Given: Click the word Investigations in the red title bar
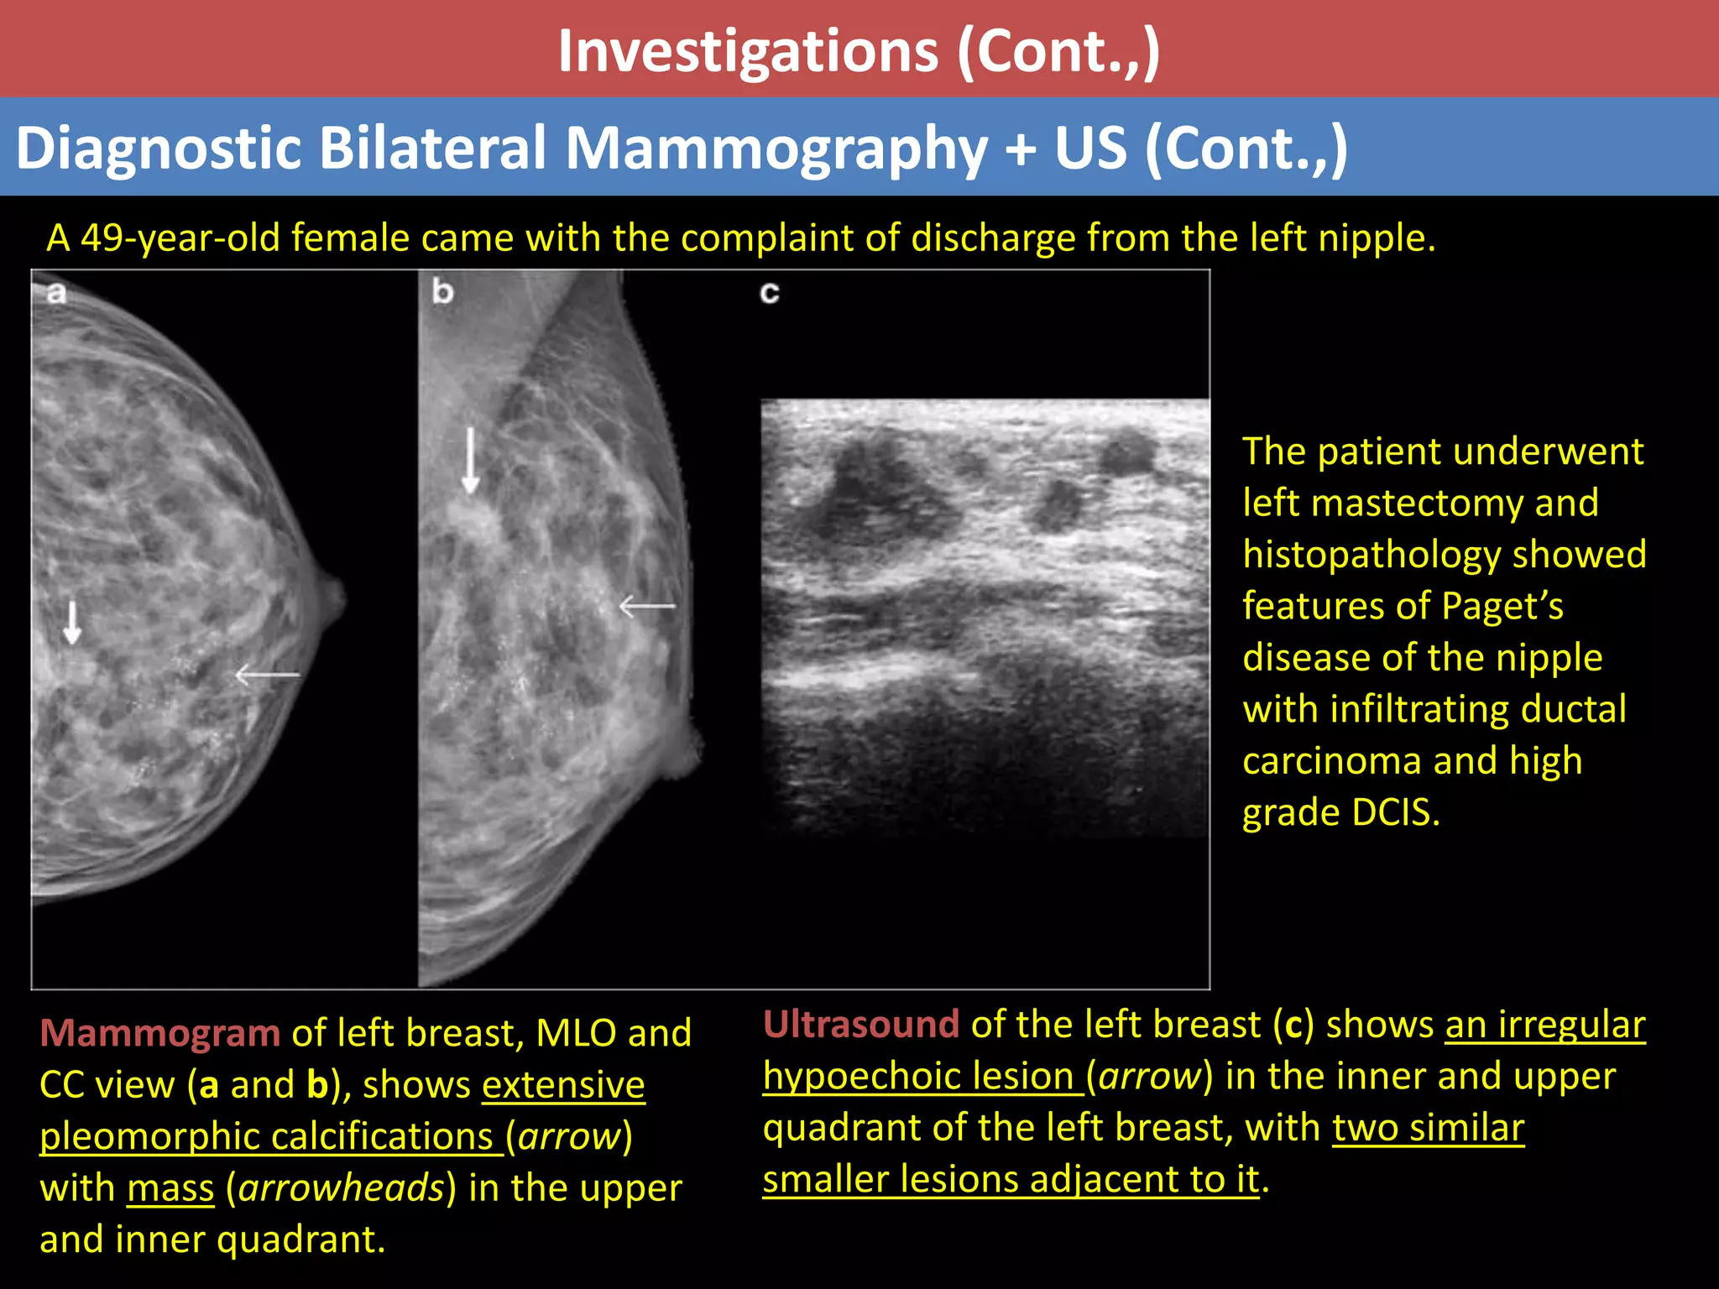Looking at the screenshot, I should tap(748, 52).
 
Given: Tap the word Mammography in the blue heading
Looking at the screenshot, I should tap(776, 149).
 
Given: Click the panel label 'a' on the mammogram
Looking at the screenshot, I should tap(56, 293).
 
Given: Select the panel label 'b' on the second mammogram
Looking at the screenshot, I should tap(442, 292).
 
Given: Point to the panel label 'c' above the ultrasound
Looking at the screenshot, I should tap(769, 293).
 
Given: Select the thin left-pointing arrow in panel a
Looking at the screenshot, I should tap(266, 674).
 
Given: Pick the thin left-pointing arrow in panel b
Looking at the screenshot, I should tap(646, 605).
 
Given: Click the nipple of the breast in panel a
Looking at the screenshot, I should tap(334, 598).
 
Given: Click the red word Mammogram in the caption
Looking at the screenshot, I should tap(159, 1033).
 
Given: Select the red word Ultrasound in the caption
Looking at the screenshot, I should tap(860, 1025).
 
